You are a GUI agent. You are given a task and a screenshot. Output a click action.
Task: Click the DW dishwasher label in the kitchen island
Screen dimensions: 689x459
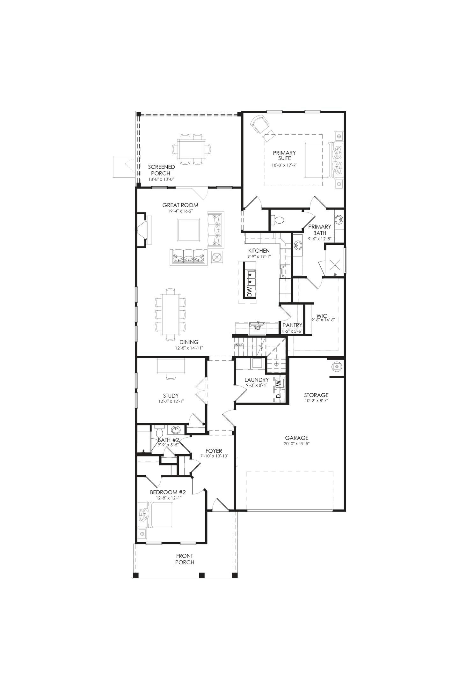click(x=250, y=292)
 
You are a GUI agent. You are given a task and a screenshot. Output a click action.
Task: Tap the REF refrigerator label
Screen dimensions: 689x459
click(x=257, y=328)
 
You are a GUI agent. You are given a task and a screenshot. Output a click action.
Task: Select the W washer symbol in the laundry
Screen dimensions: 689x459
click(x=279, y=383)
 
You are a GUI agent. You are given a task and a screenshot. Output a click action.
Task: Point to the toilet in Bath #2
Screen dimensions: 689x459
click(x=159, y=433)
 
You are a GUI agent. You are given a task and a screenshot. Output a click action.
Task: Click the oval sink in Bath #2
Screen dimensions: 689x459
click(x=175, y=430)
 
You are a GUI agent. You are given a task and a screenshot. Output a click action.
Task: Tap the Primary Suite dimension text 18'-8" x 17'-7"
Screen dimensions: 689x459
click(x=284, y=165)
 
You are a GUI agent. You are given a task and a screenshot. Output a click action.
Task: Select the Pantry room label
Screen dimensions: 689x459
click(x=292, y=325)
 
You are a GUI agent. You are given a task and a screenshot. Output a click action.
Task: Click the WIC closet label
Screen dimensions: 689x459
click(x=322, y=316)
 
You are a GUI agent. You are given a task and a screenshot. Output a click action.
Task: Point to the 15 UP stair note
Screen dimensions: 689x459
click(x=239, y=345)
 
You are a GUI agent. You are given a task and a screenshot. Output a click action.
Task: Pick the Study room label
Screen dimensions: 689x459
click(x=171, y=396)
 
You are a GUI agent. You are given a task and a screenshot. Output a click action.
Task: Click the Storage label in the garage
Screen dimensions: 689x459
click(x=316, y=395)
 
